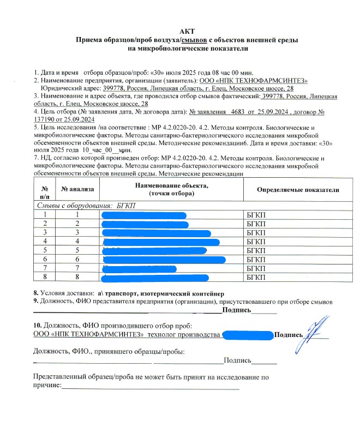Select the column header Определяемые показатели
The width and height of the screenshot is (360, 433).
click(298, 189)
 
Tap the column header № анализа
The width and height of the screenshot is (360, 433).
click(77, 189)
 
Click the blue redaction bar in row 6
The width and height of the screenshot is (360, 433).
click(164, 260)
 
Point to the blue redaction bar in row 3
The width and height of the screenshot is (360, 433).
click(157, 233)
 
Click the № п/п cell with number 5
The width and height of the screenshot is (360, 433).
click(45, 250)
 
